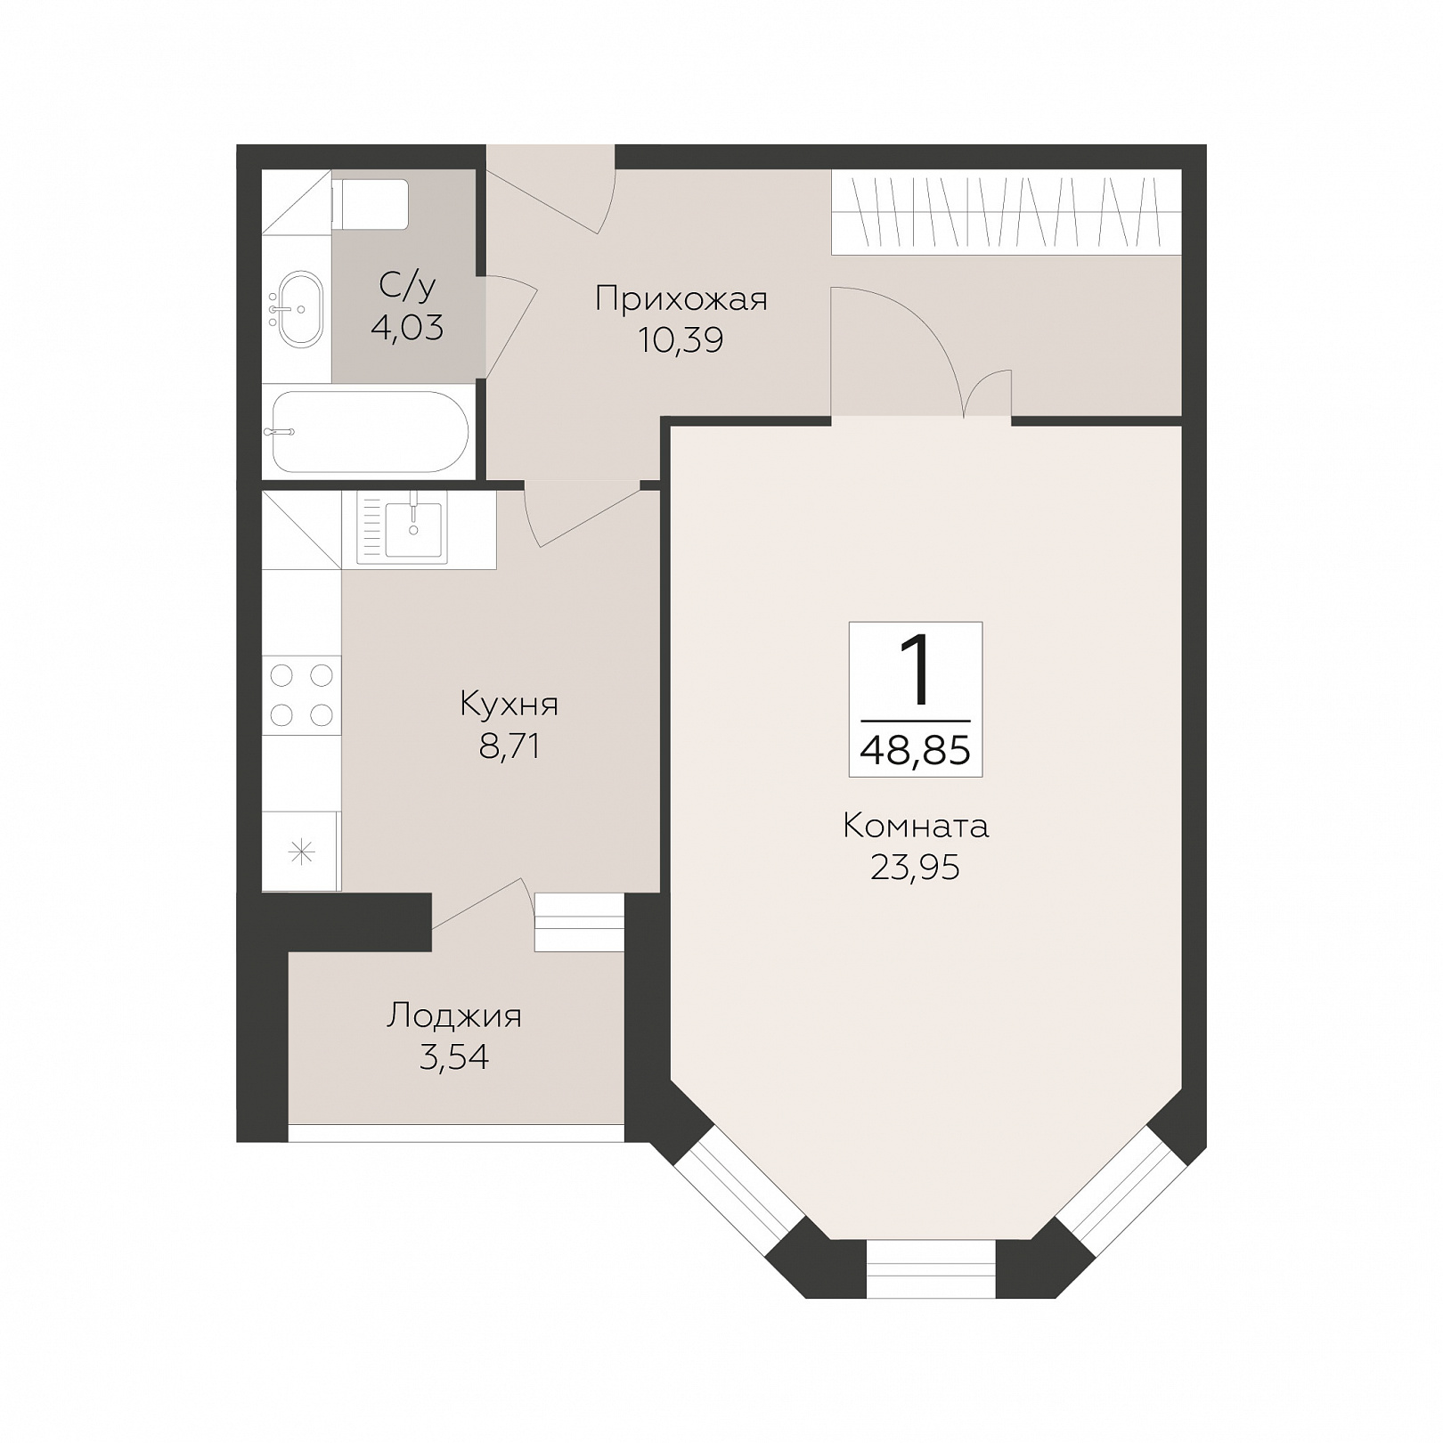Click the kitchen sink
click(413, 529)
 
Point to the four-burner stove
click(301, 695)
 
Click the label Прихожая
click(681, 299)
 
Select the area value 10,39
click(681, 339)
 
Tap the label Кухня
click(510, 705)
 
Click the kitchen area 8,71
click(510, 746)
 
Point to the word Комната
click(916, 827)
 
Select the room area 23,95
click(916, 867)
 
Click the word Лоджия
click(454, 1016)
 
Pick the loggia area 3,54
click(454, 1057)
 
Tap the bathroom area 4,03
click(407, 328)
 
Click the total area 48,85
click(916, 751)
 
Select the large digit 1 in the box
click(917, 669)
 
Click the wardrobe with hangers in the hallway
click(1007, 212)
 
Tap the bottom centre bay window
click(931, 1268)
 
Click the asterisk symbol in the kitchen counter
click(302, 853)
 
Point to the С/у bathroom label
click(407, 287)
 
